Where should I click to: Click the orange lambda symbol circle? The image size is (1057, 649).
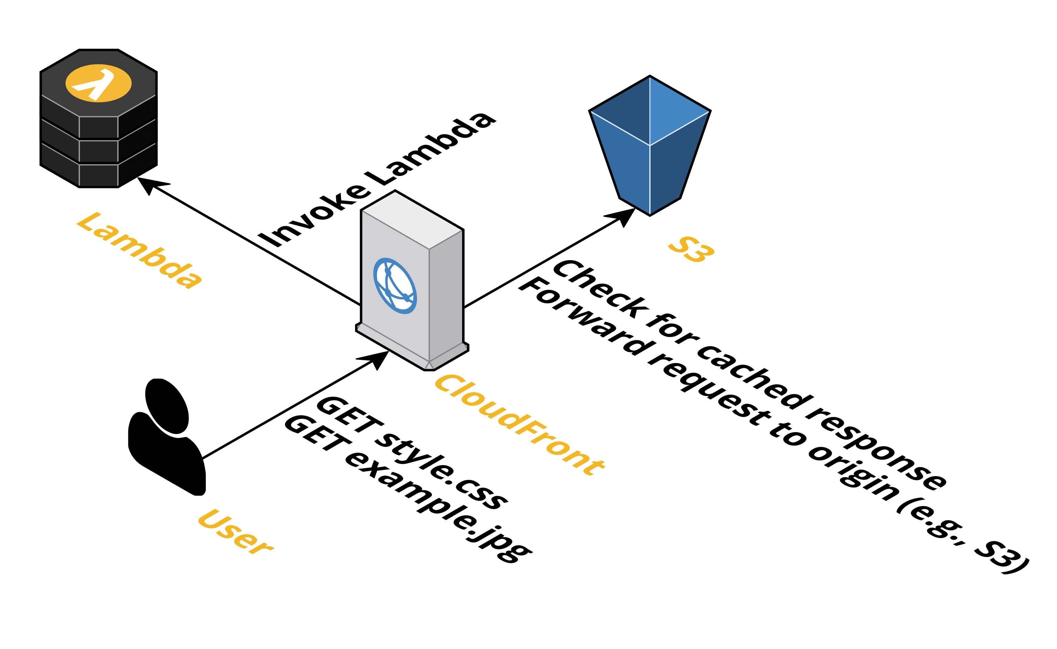(x=98, y=83)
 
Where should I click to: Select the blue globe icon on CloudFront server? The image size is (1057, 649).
(x=395, y=286)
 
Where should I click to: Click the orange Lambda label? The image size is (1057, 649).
(x=138, y=250)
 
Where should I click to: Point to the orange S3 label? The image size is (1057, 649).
(x=691, y=249)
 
